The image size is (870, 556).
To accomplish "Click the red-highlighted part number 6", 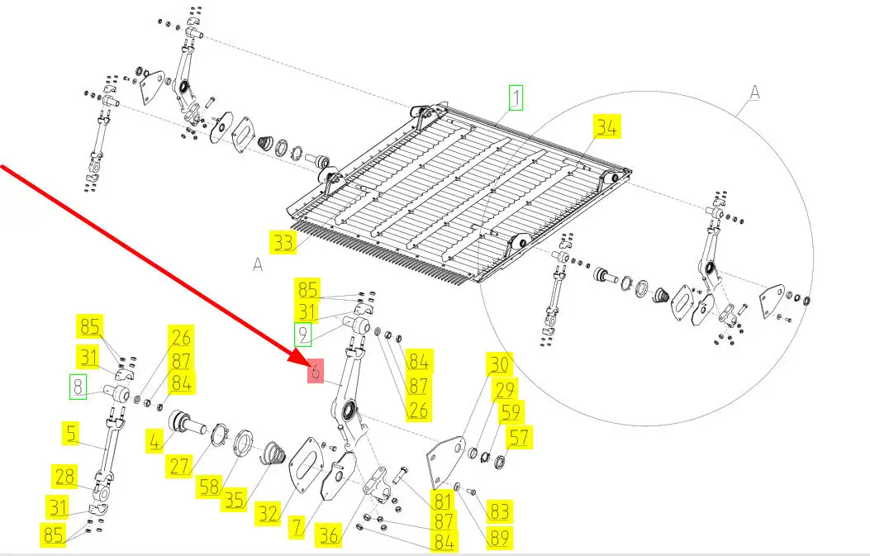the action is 316,371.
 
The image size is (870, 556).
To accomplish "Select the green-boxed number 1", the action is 516,97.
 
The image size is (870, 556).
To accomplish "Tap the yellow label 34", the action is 606,126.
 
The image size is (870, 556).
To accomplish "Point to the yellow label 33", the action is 283,243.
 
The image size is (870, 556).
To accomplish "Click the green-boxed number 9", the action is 302,334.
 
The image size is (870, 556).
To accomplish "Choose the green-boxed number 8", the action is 78,387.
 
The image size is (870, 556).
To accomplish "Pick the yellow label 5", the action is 72,434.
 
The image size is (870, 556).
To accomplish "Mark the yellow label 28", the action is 64,477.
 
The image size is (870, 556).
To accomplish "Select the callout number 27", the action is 180,466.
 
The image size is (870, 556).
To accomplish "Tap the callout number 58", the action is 210,487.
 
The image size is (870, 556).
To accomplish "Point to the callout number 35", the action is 234,499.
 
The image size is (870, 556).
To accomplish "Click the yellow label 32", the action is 269,513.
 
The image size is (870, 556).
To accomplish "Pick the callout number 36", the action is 329,535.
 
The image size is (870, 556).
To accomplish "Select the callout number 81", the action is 442,501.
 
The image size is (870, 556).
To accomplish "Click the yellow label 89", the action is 499,537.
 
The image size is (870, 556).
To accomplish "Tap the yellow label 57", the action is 519,437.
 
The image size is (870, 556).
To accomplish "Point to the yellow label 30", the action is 499,364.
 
